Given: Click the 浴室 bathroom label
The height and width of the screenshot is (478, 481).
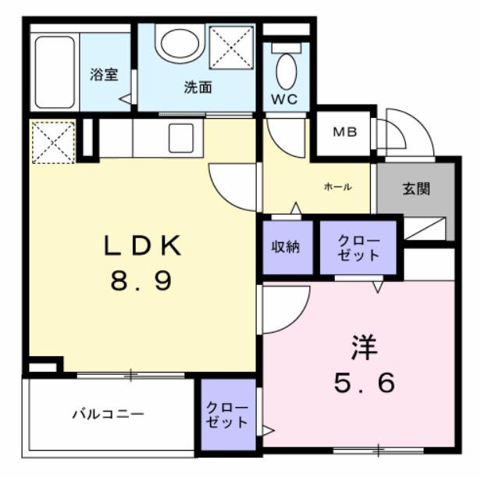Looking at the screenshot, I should pyautogui.click(x=103, y=76).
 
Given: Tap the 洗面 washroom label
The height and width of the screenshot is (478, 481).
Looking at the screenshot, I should pyautogui.click(x=198, y=87).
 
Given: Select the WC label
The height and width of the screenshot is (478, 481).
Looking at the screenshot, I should pyautogui.click(x=284, y=99).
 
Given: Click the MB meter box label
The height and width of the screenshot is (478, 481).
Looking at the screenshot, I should pyautogui.click(x=345, y=131).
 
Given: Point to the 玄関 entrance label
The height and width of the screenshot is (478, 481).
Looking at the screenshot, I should pyautogui.click(x=416, y=190).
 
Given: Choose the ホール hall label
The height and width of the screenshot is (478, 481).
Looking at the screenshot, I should pyautogui.click(x=337, y=187).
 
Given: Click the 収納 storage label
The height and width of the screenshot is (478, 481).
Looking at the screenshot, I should pyautogui.click(x=287, y=248).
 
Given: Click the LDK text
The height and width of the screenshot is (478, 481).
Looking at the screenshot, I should pyautogui.click(x=144, y=248).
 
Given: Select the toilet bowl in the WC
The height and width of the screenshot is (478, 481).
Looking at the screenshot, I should pyautogui.click(x=287, y=70).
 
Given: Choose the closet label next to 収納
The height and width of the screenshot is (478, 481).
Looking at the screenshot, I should pyautogui.click(x=358, y=248).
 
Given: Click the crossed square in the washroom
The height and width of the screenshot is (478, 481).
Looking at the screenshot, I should pyautogui.click(x=232, y=47).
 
